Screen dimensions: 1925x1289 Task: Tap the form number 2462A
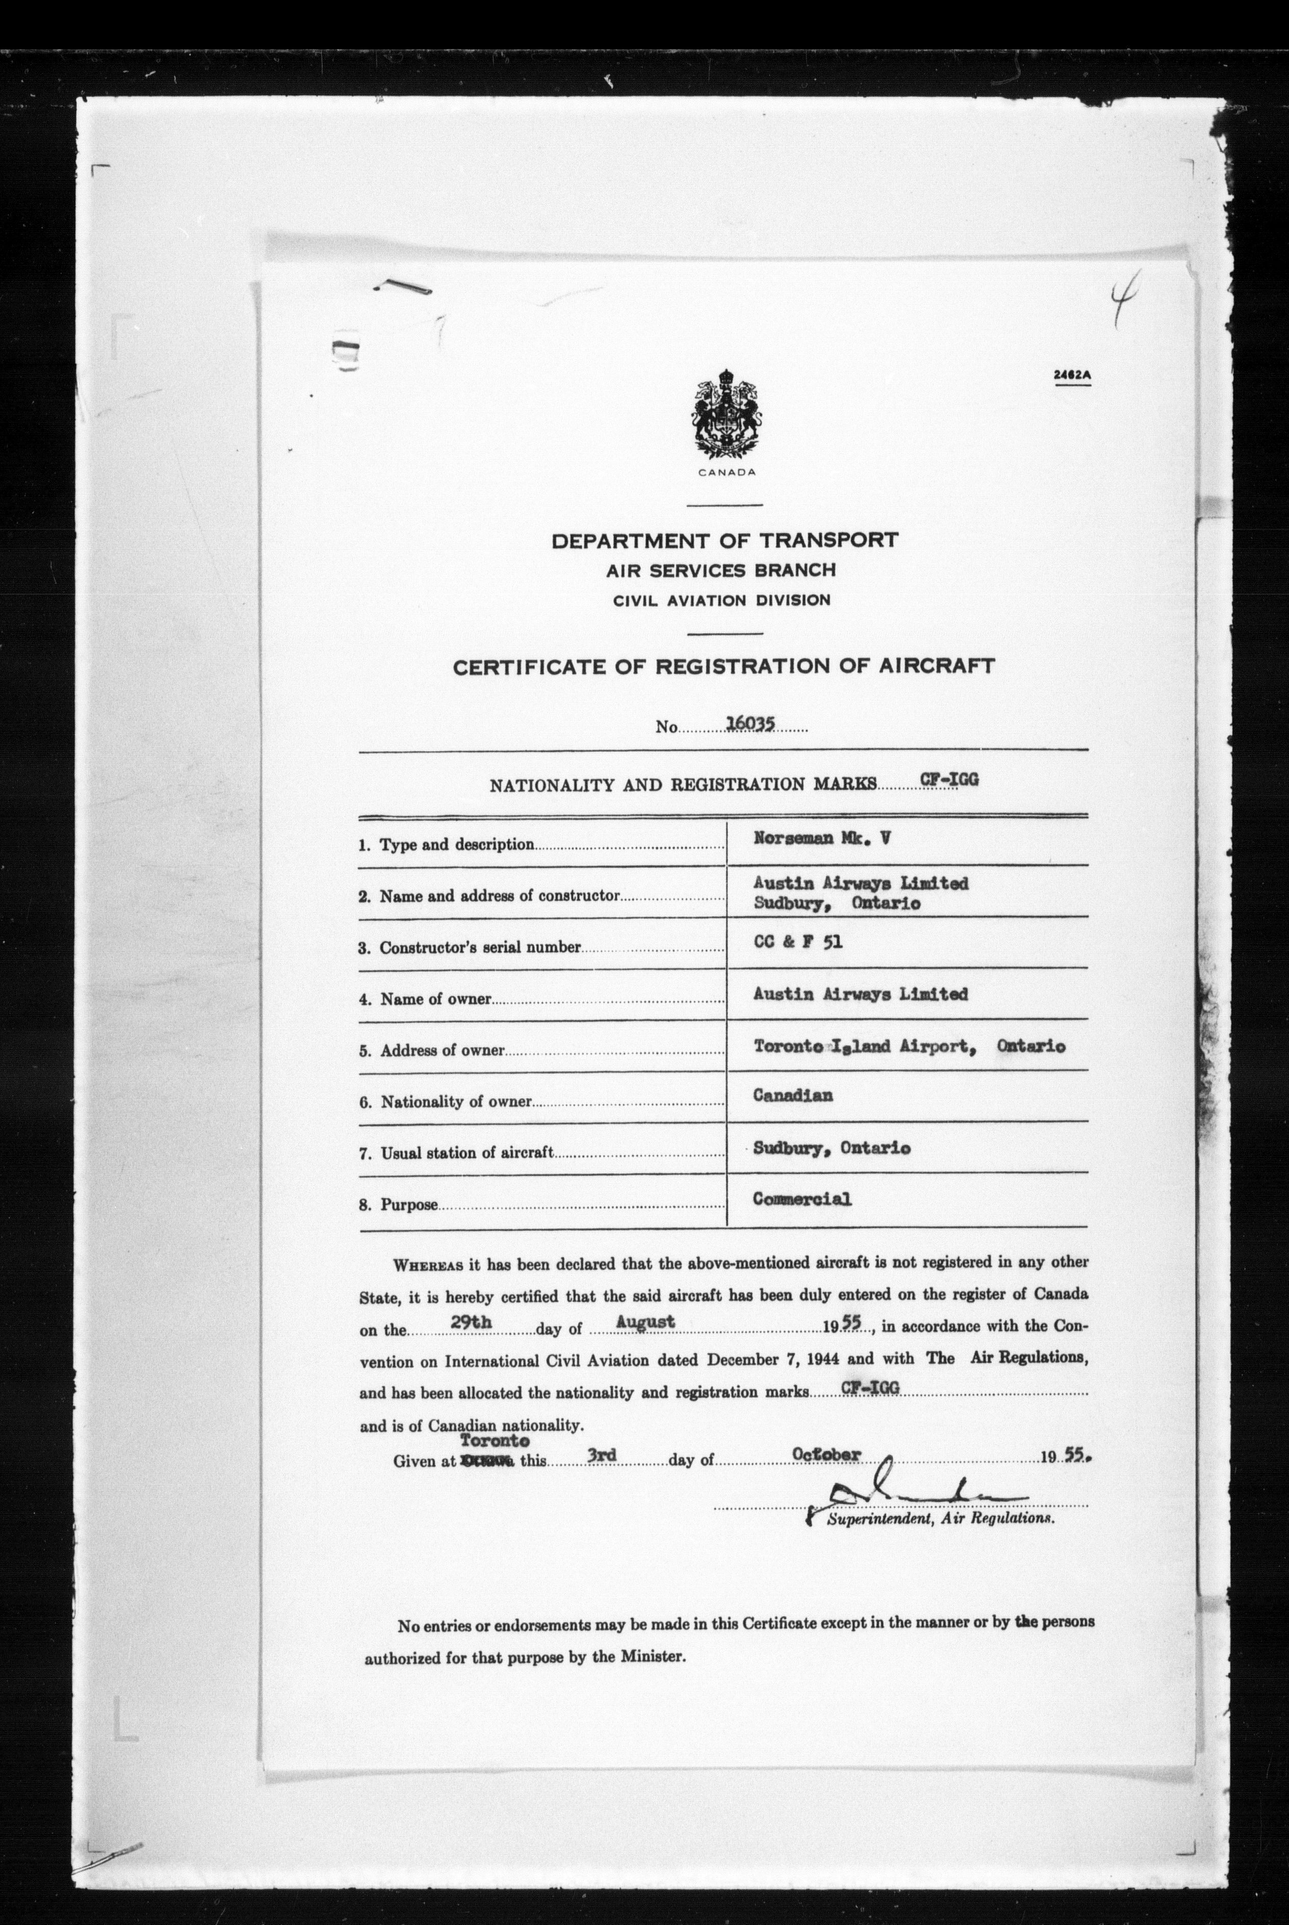[x=1072, y=376]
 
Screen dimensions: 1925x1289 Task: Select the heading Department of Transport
[x=724, y=540]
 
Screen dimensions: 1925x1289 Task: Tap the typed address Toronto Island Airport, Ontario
[x=909, y=1046]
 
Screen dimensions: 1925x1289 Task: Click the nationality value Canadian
[x=792, y=1096]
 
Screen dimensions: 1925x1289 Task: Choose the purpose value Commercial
[x=802, y=1199]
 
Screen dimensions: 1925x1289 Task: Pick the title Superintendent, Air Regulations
[x=940, y=1519]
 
